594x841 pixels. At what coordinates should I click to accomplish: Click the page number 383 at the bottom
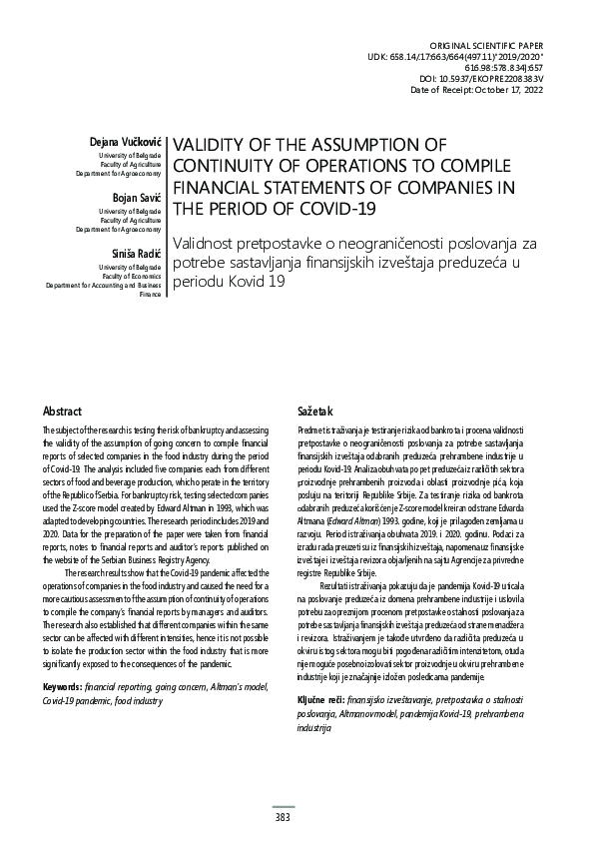point(283,818)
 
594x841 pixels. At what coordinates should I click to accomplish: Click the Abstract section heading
point(63,412)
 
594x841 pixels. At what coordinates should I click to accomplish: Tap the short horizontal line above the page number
point(283,805)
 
